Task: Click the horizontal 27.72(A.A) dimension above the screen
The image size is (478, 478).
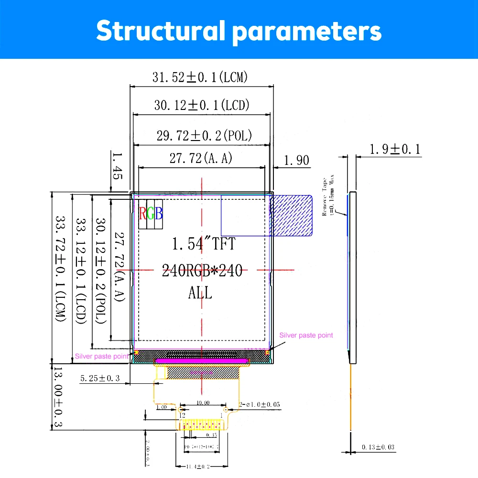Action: [x=201, y=158]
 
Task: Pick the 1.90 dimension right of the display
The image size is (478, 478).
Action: [x=296, y=161]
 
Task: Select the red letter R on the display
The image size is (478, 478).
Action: [x=142, y=213]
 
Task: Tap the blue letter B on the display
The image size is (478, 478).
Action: [x=159, y=213]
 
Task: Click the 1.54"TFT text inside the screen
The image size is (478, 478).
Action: [x=204, y=244]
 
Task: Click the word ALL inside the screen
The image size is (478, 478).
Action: [x=200, y=293]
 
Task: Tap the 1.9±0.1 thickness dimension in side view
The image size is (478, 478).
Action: [x=395, y=150]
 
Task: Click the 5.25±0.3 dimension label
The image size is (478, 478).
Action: [x=99, y=378]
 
